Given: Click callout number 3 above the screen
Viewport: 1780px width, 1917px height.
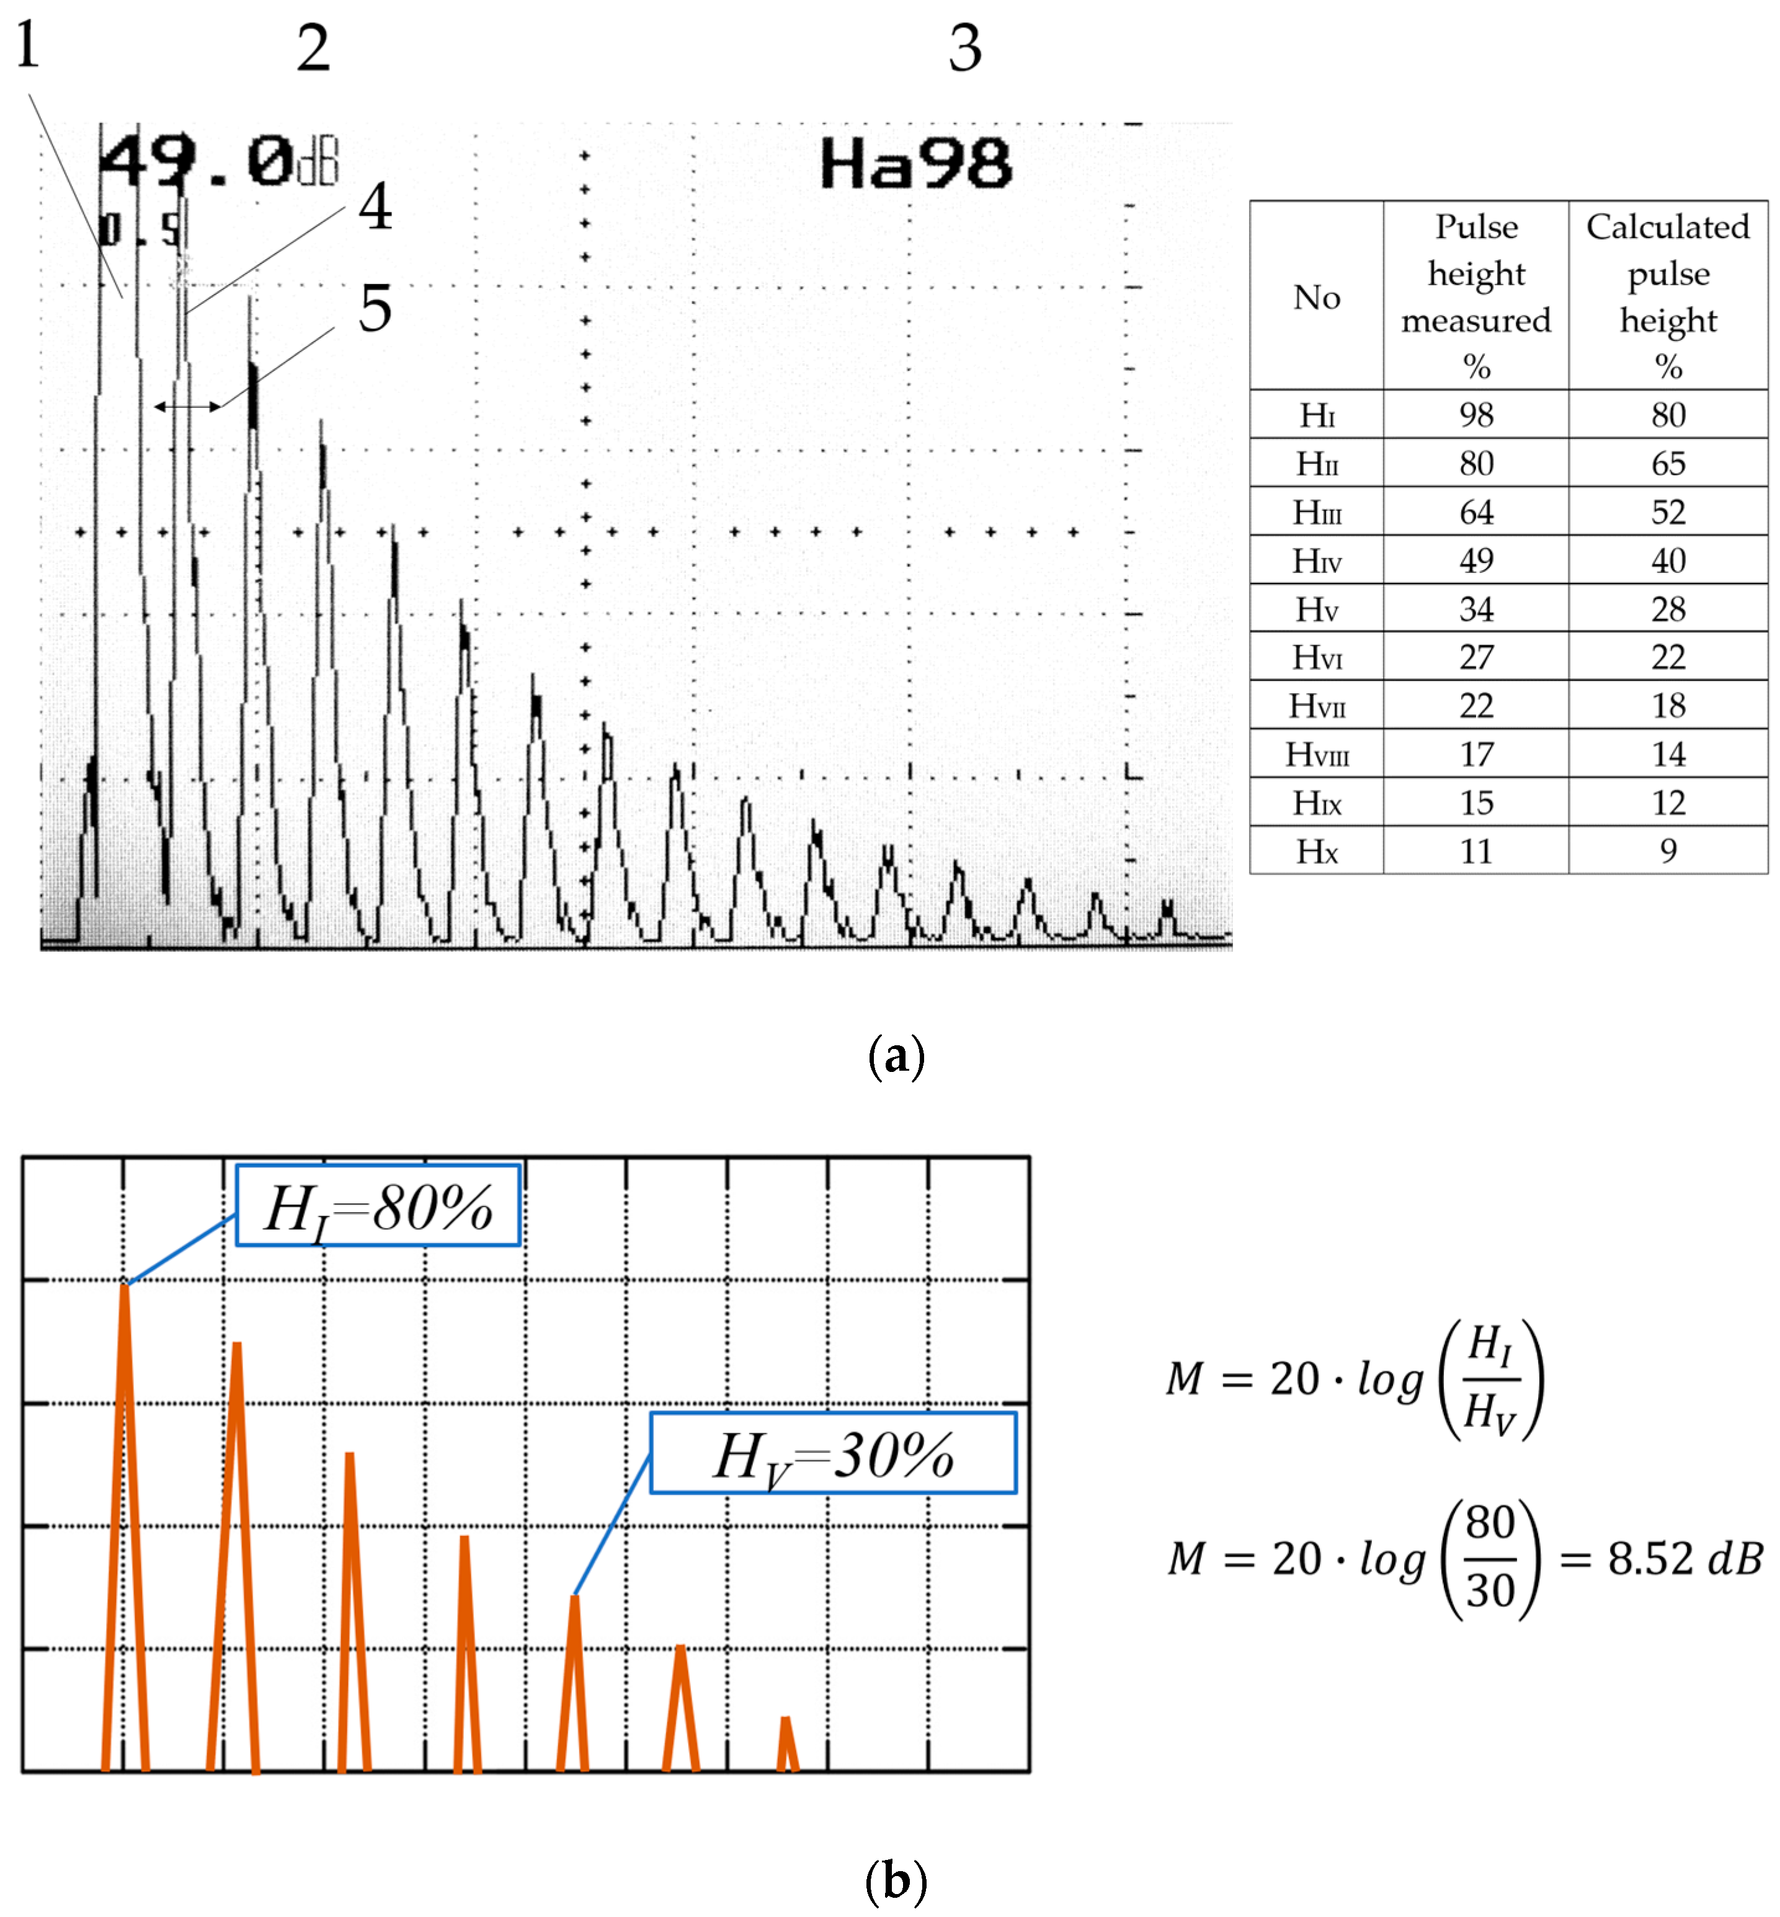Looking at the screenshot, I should [x=964, y=48].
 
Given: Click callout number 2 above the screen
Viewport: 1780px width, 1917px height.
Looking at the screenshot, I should [x=313, y=48].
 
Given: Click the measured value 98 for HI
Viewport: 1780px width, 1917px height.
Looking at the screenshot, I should [x=1475, y=415].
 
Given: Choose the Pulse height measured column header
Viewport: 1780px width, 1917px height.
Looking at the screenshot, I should [x=1475, y=296].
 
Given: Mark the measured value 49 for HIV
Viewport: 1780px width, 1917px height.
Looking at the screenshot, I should [x=1475, y=560].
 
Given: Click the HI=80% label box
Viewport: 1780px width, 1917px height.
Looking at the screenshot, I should [x=378, y=1206].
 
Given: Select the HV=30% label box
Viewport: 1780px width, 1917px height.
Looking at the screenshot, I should [x=832, y=1454].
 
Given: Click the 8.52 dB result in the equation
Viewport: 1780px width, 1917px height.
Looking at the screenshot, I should [x=1684, y=1558].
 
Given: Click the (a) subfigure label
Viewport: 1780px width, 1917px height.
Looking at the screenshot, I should [x=896, y=1056].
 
